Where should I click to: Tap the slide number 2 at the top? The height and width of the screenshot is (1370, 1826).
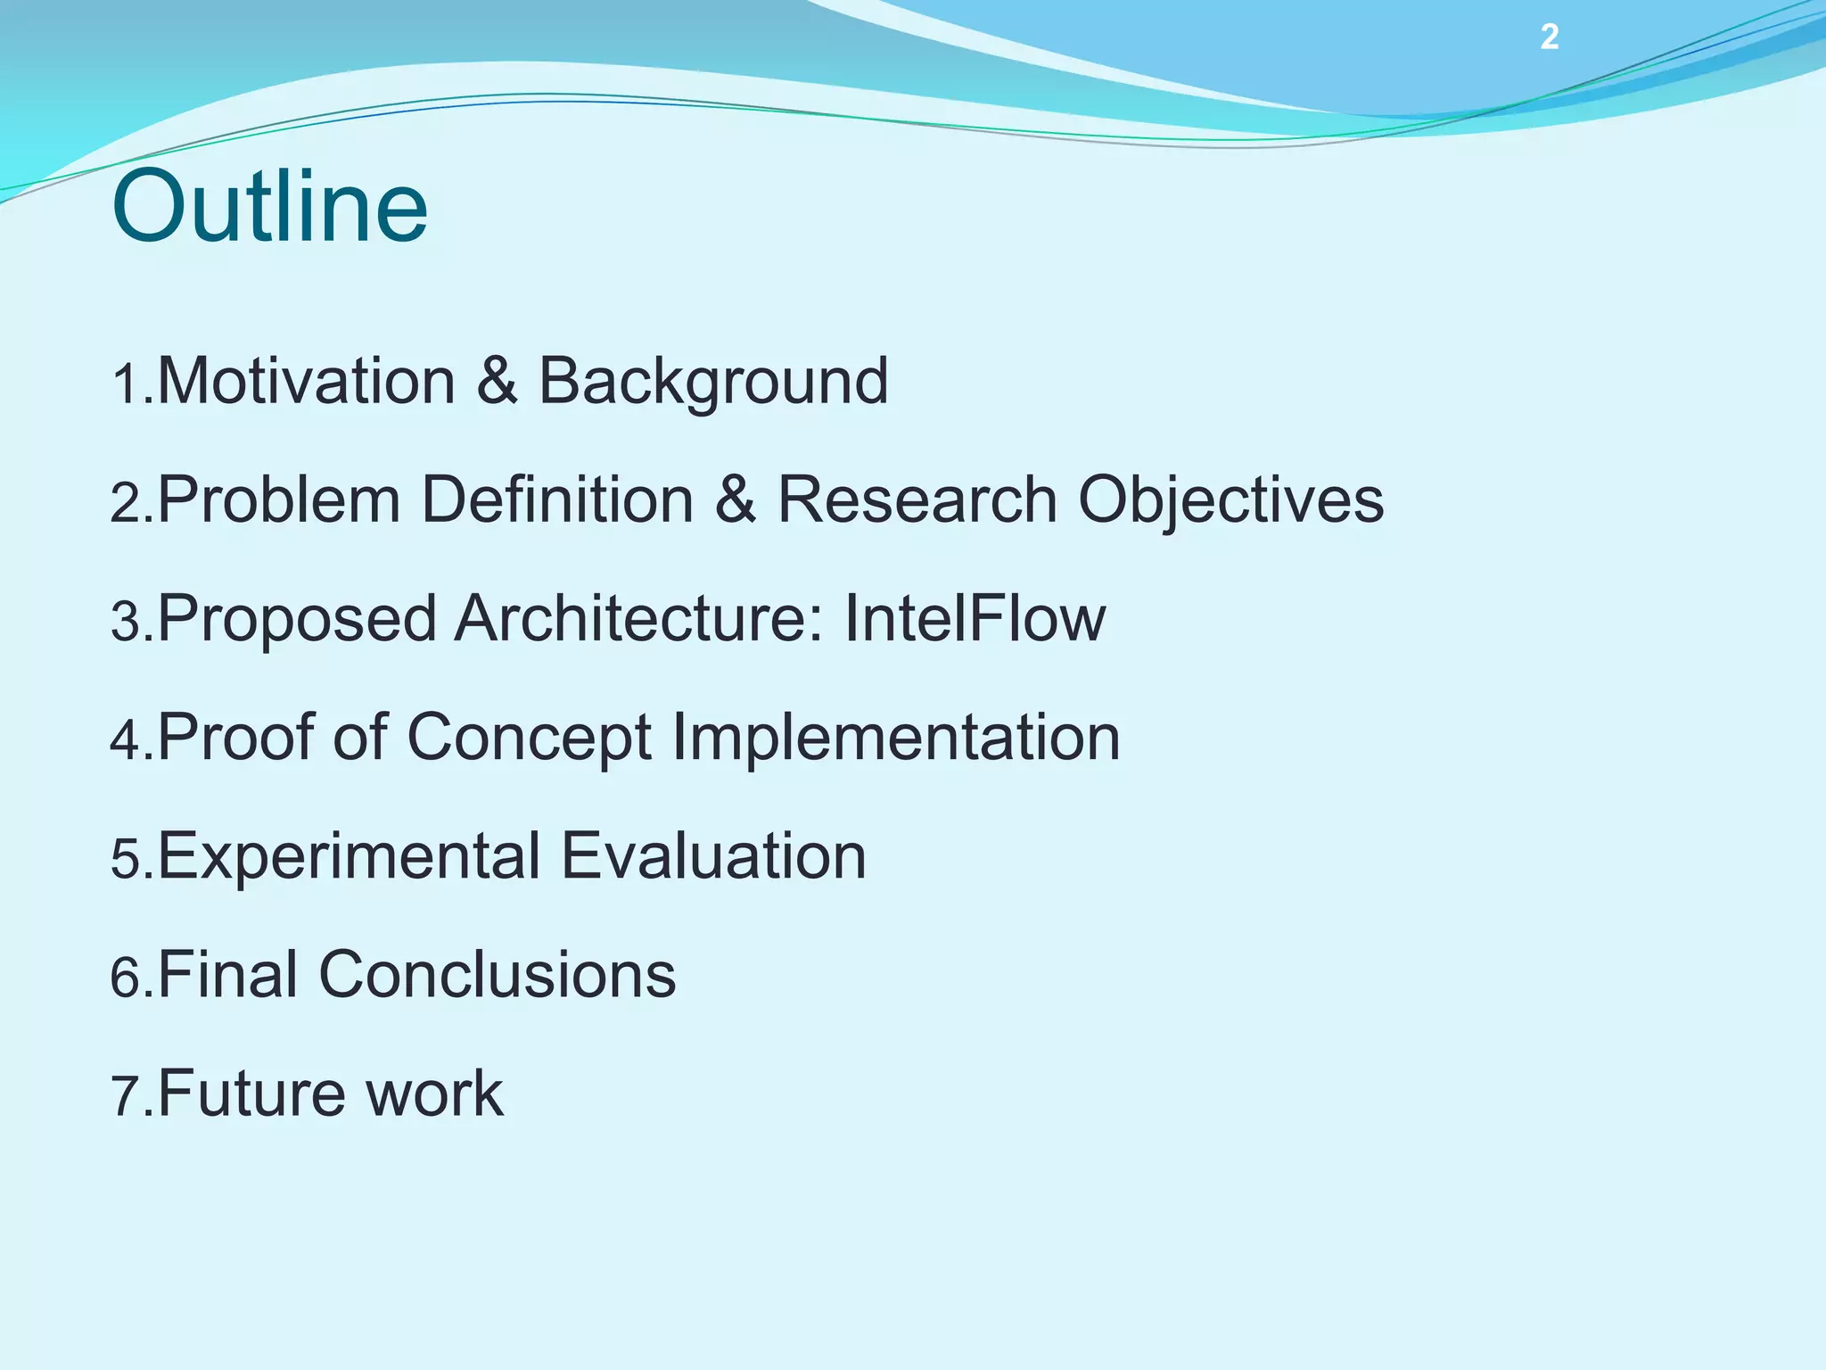(x=1550, y=37)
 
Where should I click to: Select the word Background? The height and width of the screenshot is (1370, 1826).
(x=712, y=381)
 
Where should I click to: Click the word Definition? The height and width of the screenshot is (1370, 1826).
(x=557, y=499)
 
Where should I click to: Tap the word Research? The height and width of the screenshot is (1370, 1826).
(x=917, y=499)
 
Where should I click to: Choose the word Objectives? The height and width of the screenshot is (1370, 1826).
(x=1230, y=499)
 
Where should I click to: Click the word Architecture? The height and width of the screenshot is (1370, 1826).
(x=638, y=618)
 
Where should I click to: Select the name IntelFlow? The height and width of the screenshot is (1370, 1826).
(x=974, y=618)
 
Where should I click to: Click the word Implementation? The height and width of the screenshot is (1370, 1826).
(x=895, y=737)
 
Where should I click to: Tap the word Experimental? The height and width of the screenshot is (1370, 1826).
(x=349, y=855)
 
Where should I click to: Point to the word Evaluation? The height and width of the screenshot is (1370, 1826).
(x=713, y=855)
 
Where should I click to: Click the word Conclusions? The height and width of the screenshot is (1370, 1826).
(x=497, y=974)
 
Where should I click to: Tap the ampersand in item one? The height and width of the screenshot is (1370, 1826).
(x=497, y=381)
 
